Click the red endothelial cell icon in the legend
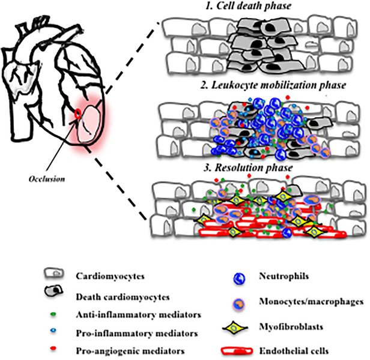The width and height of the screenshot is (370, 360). [241, 347]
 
